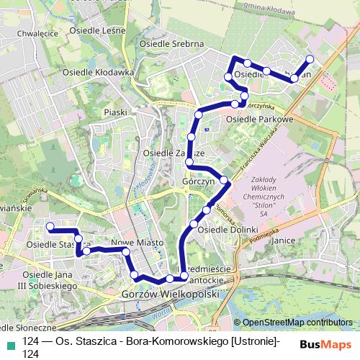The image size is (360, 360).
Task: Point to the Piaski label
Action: (x=115, y=112)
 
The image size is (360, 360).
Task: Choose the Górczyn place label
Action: (x=200, y=182)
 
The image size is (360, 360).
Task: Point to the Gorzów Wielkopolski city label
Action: (x=170, y=294)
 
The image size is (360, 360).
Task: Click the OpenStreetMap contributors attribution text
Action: (x=297, y=323)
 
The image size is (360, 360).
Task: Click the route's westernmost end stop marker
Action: (x=50, y=227)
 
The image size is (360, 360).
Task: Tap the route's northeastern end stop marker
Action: (x=310, y=59)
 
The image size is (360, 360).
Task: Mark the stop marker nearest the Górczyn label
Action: (x=224, y=180)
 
